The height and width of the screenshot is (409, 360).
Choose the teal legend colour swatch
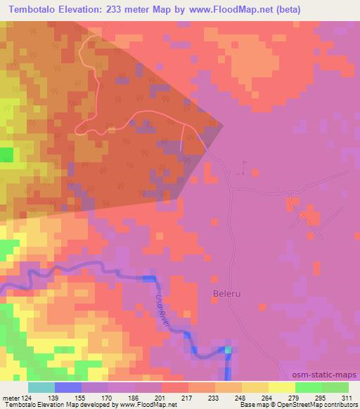41,387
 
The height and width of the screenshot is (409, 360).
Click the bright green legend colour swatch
309,387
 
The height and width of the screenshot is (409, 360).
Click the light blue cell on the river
228,349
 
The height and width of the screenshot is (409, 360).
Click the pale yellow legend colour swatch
282,387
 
